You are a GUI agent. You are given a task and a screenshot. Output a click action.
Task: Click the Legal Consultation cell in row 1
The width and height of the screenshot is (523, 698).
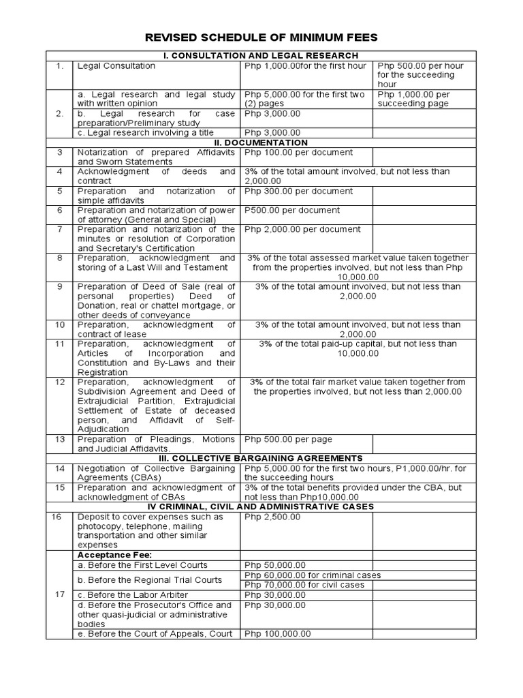(116, 66)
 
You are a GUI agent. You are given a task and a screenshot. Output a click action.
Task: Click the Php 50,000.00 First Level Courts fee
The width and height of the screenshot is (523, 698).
(275, 565)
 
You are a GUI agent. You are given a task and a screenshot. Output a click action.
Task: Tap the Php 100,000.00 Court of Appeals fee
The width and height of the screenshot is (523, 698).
(278, 633)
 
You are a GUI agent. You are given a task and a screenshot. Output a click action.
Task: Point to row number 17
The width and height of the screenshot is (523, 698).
(59, 594)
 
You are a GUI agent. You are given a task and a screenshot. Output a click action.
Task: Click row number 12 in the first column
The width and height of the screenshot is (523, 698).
(59, 382)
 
